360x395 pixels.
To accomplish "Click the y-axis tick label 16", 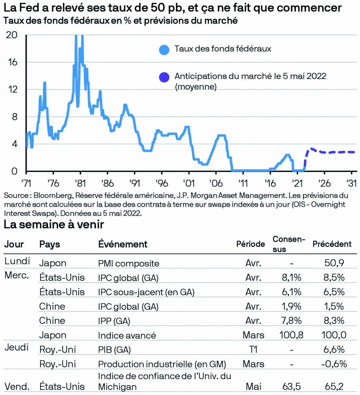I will [x=12, y=62].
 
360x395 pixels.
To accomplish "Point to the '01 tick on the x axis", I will [x=189, y=183].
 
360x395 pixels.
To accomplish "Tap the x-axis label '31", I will [x=352, y=183].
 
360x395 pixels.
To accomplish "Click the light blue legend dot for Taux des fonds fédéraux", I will [x=164, y=50].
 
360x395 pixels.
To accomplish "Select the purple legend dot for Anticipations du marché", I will [x=164, y=77].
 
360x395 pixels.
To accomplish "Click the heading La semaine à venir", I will [x=54, y=224].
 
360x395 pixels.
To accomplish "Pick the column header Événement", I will [x=123, y=244].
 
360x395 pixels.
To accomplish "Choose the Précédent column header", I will [x=332, y=244].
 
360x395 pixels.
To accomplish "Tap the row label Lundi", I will [x=17, y=261].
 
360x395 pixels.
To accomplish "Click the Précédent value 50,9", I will [x=334, y=263].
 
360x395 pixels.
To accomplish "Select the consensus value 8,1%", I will [x=291, y=277].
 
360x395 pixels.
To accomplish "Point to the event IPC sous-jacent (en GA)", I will [x=146, y=292].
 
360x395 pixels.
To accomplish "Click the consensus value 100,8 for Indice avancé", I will [x=291, y=335].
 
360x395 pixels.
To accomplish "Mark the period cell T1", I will [x=253, y=350].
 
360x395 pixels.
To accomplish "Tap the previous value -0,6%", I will [x=334, y=364].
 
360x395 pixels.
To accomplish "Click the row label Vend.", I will [x=17, y=386].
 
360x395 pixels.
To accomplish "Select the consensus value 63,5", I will [x=291, y=386].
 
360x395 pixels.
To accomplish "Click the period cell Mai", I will [x=253, y=386].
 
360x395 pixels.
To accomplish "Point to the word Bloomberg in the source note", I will [x=52, y=196].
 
